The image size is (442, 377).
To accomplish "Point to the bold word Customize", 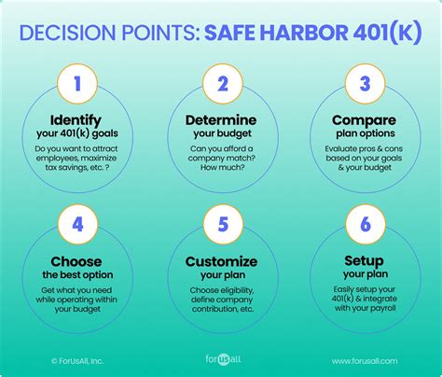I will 222,261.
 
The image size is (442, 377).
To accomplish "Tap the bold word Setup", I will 362,261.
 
